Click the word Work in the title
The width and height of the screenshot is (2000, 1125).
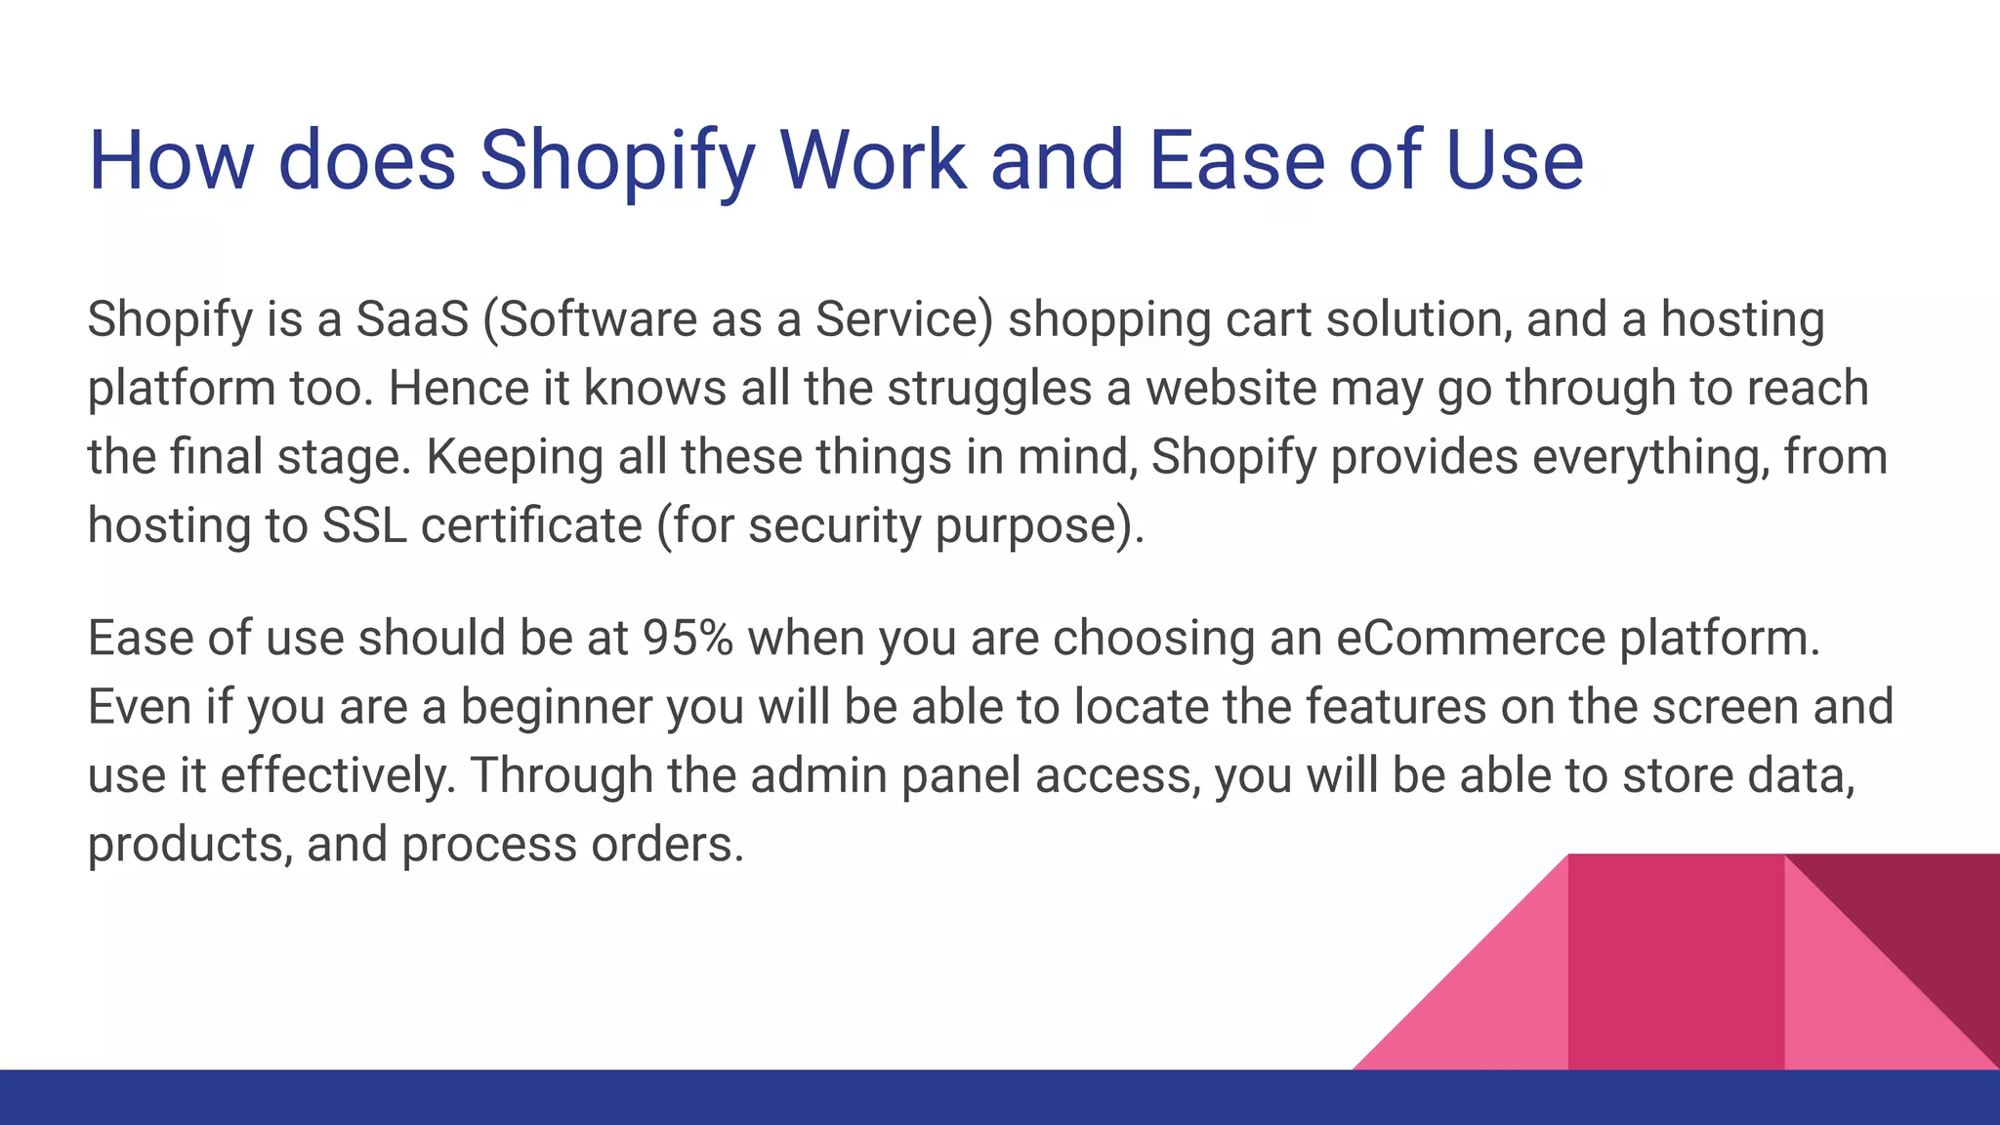[873, 160]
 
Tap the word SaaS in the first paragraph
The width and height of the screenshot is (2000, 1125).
[412, 319]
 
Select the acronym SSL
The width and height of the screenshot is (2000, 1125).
[364, 525]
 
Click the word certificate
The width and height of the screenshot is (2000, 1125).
[531, 525]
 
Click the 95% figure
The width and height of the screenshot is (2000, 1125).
[687, 638]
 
